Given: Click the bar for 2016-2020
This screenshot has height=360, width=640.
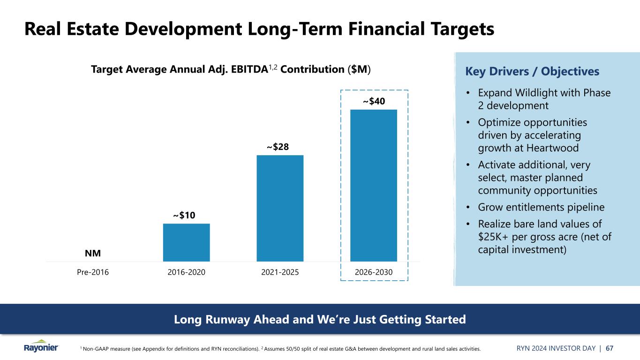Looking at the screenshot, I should [186, 242].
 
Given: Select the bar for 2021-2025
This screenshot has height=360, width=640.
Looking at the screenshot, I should [280, 208].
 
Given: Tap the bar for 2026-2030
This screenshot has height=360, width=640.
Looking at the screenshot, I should [374, 185].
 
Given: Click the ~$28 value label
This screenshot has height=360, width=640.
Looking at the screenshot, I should [278, 147].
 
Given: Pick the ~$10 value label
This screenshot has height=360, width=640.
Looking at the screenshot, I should [184, 215].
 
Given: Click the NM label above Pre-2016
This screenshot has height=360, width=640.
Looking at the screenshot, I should [93, 254].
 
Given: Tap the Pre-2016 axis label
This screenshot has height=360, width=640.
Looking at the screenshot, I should [93, 272].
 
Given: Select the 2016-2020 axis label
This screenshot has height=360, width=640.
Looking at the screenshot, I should [186, 272].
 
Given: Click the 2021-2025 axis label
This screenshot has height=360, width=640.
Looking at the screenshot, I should [280, 272].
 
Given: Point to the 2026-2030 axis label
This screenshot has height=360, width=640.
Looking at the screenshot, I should [374, 272].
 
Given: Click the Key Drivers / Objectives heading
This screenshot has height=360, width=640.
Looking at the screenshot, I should [532, 71].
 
